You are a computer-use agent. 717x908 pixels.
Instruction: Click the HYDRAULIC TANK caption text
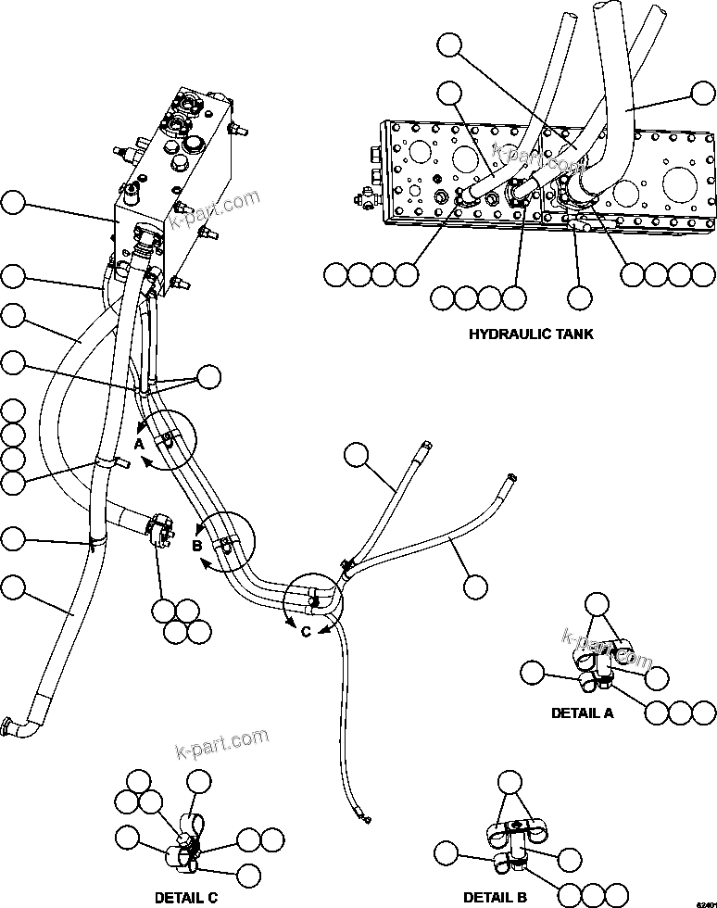tap(531, 334)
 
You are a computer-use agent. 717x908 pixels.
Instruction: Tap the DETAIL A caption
tap(582, 713)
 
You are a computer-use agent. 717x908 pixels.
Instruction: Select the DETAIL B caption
tap(495, 898)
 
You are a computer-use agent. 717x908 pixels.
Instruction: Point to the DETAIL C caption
tap(186, 898)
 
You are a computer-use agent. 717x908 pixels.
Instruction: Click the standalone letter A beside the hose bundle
tap(139, 444)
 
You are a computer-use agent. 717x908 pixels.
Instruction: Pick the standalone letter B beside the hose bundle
tap(196, 546)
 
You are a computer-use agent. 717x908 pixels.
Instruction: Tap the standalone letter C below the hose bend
tap(306, 633)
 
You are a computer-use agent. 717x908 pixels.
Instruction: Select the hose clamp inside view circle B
tap(225, 541)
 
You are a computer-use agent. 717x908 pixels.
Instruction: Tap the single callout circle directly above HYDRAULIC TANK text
tap(579, 297)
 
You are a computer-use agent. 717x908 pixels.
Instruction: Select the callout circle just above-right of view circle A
tap(209, 375)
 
